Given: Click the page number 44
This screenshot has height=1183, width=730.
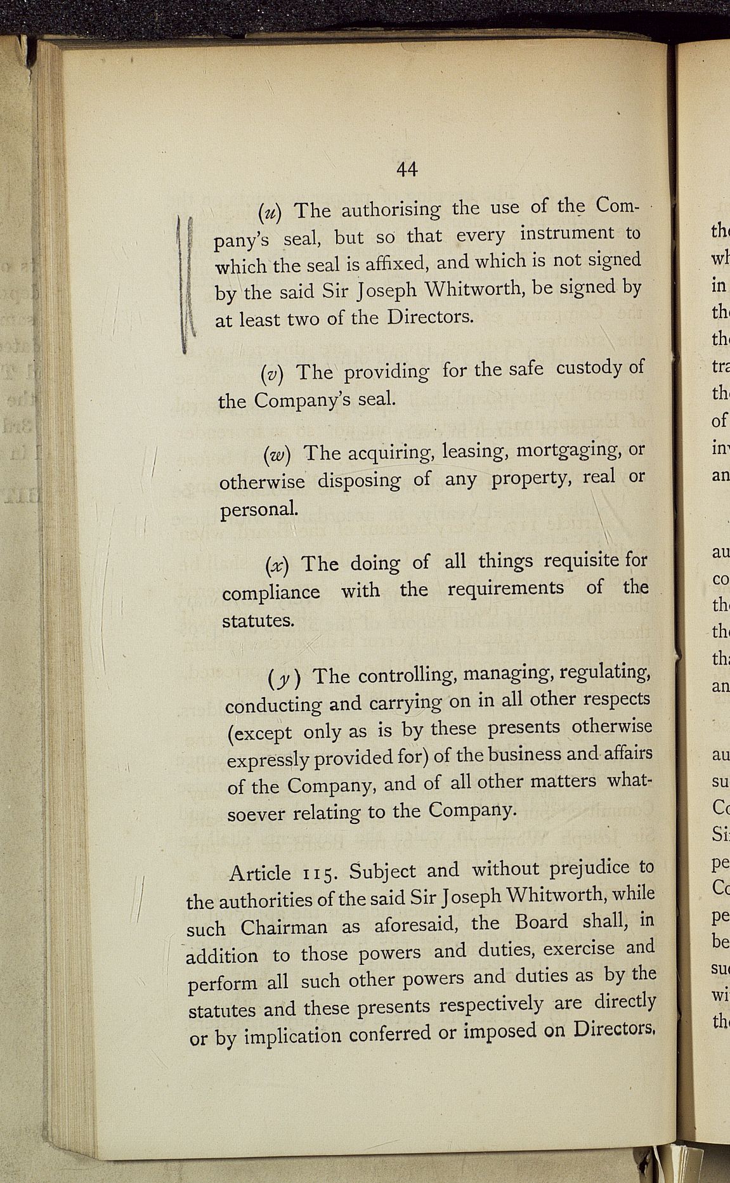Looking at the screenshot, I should (x=407, y=169).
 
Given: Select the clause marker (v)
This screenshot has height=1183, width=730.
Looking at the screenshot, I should (x=272, y=373).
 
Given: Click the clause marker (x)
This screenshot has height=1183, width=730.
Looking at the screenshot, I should (x=277, y=565).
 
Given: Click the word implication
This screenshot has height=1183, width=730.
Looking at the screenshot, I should (x=293, y=1036).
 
